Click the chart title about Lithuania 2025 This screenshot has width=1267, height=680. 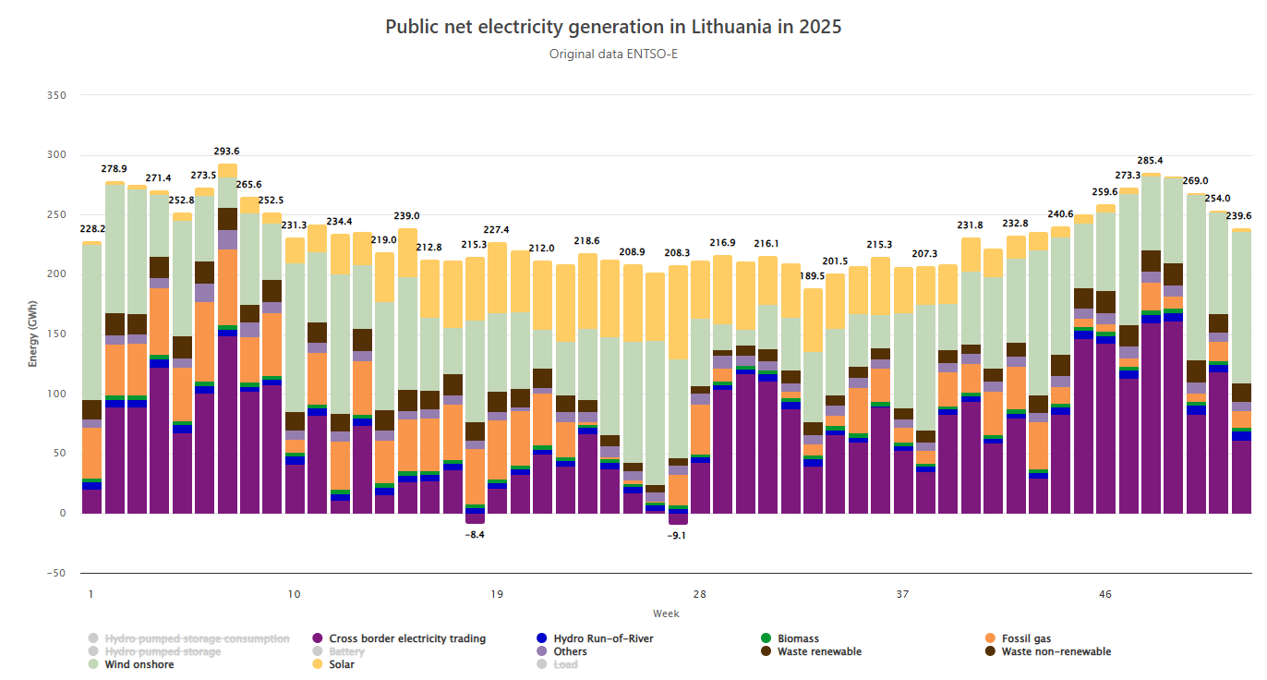pos(613,27)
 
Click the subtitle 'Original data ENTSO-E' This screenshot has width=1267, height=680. pos(613,54)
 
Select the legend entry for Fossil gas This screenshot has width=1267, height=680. pos(1026,638)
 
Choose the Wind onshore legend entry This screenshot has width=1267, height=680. pos(139,664)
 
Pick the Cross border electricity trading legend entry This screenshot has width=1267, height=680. pos(406,638)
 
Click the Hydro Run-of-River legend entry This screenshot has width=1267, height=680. pos(608,638)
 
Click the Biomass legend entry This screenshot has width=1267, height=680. pos(797,638)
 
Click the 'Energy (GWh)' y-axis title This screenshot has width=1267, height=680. pos(33,334)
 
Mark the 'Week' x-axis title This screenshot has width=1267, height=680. pos(666,613)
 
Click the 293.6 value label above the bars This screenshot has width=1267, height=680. pos(227,152)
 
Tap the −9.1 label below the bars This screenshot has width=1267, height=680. pos(678,535)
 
